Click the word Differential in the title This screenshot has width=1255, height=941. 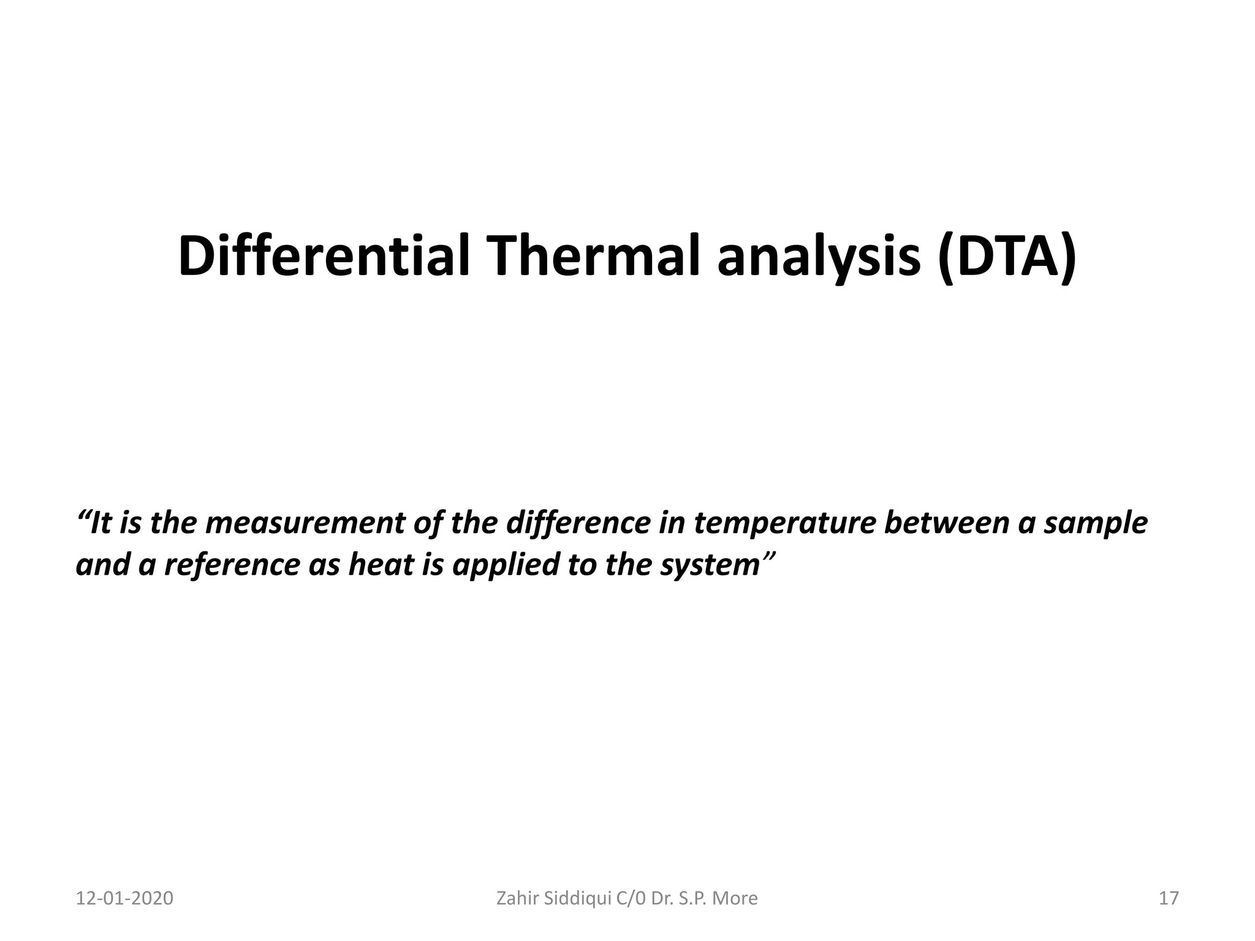tap(324, 256)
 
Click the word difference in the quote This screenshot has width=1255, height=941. tap(578, 523)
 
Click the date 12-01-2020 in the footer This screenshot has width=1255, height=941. tap(124, 898)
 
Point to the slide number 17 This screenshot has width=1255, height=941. tap(1169, 898)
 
